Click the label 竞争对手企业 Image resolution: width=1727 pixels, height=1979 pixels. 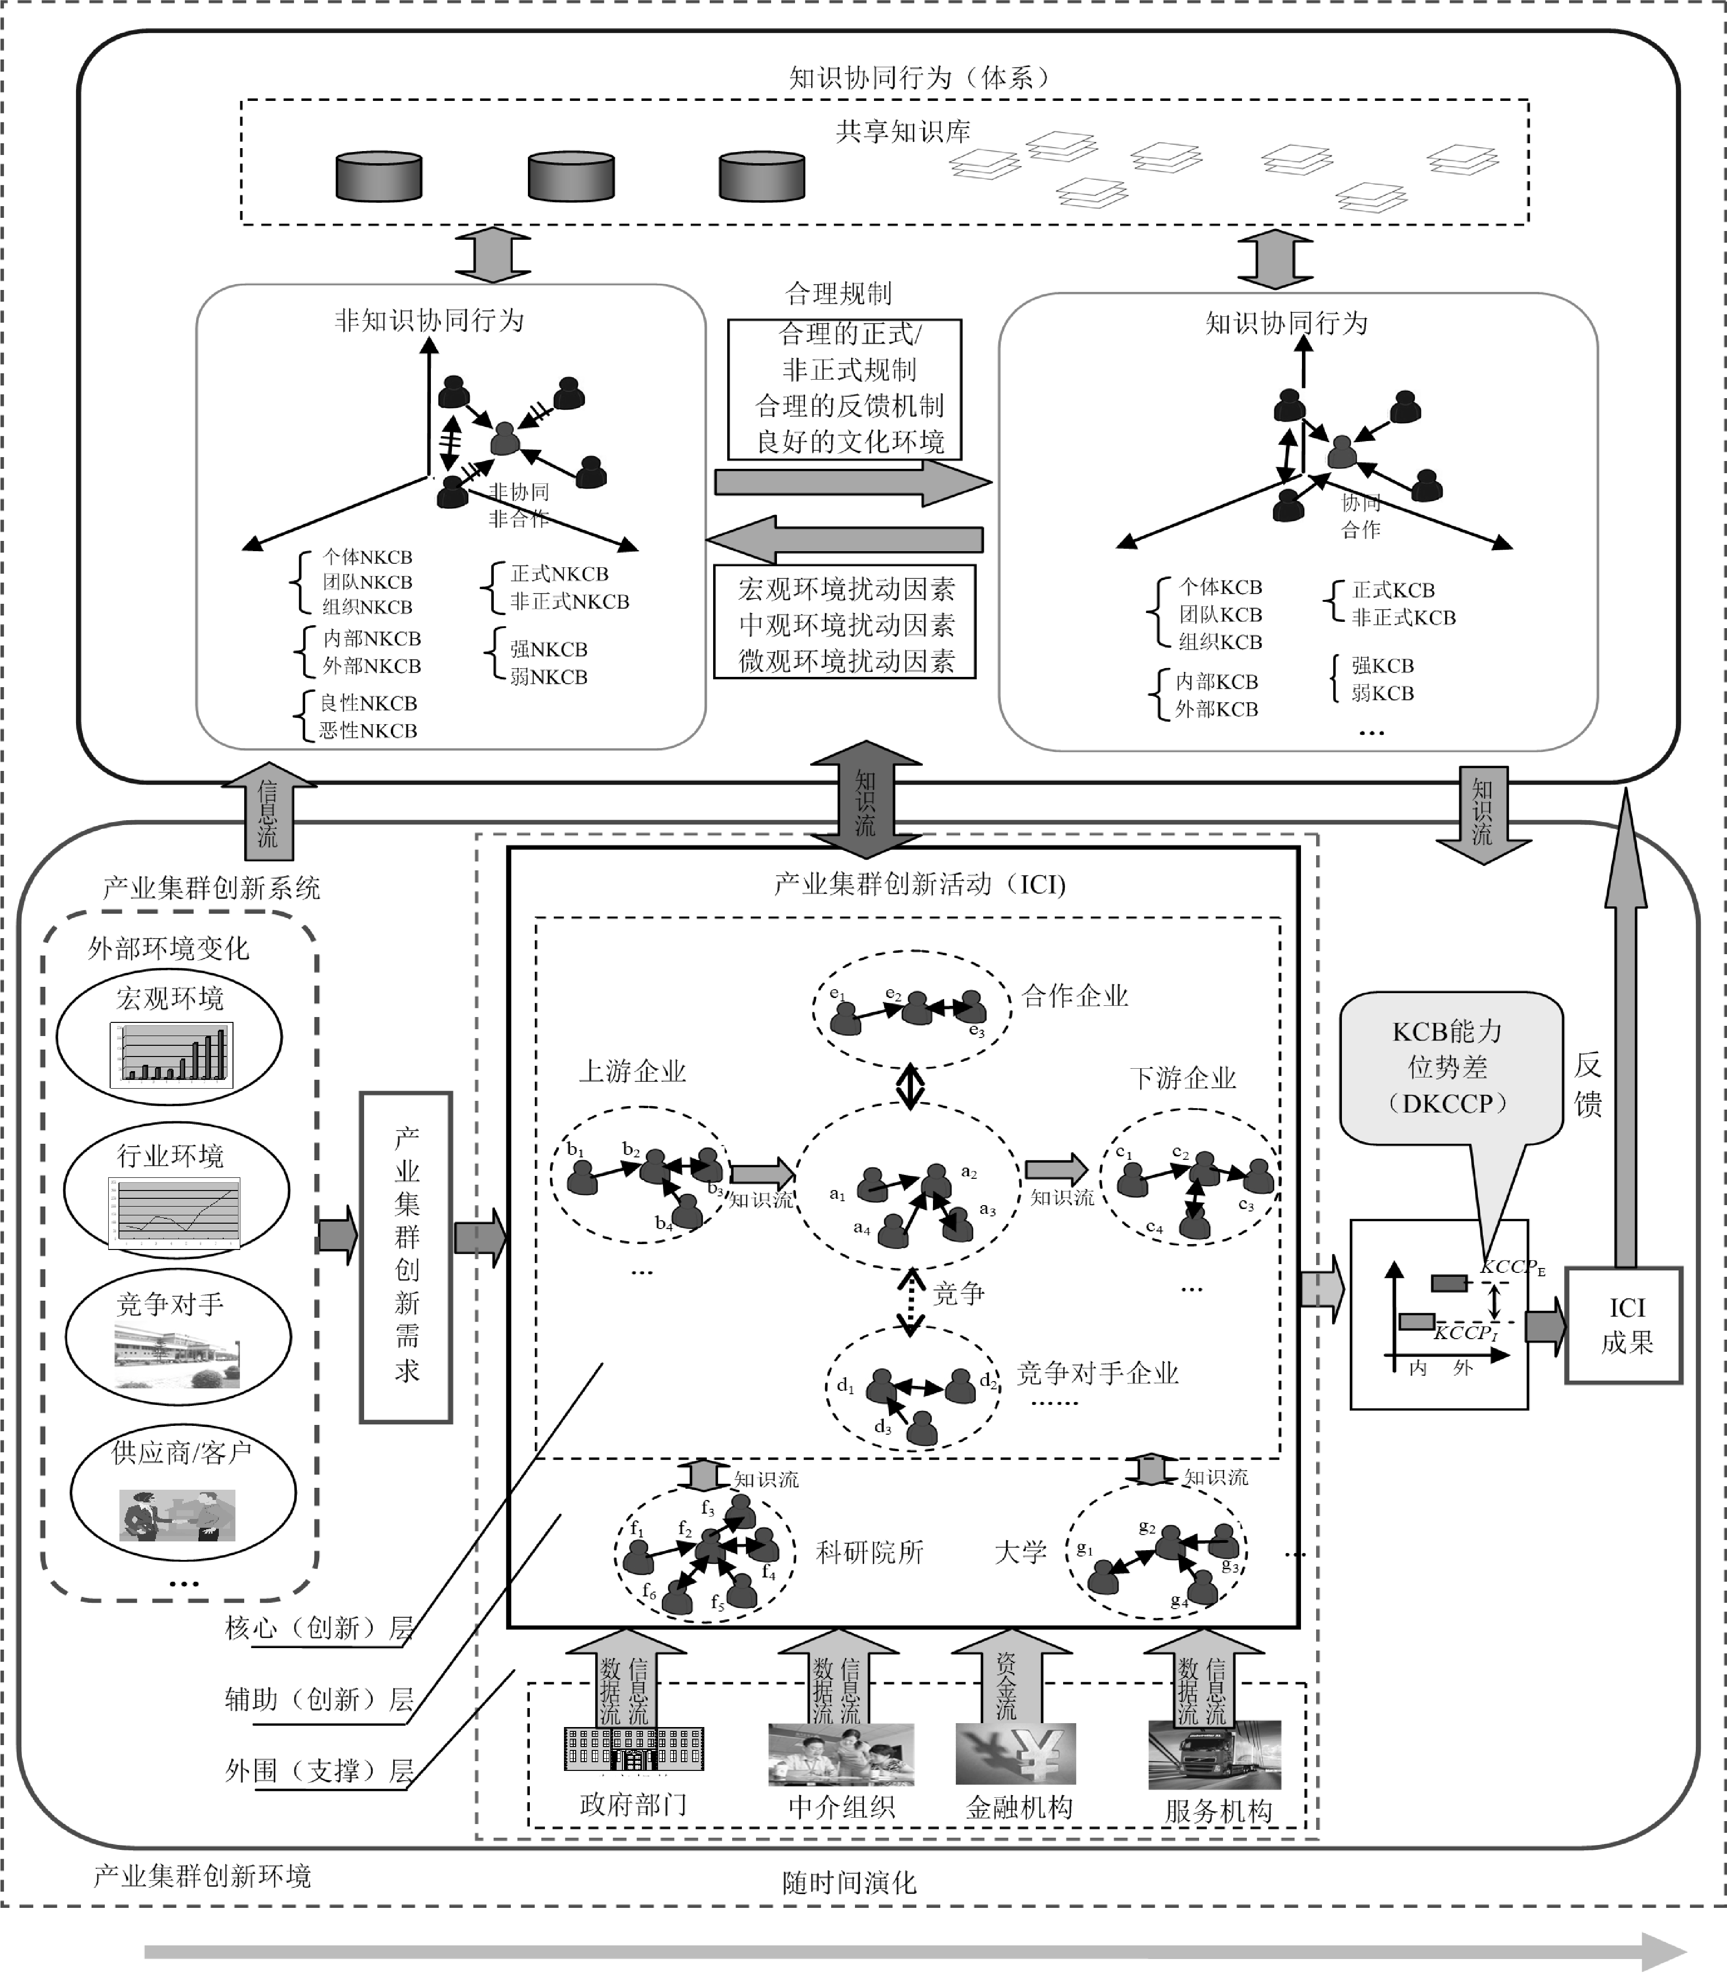pos(1098,1373)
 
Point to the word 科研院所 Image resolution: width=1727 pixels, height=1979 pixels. pos(869,1552)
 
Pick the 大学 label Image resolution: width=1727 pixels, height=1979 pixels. pos(1020,1552)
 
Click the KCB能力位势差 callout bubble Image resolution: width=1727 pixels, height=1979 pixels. pos(1449,1068)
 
